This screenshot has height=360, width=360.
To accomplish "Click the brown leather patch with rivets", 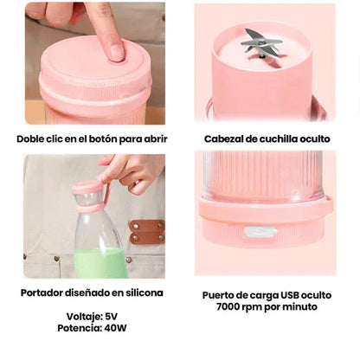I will pos(147,231).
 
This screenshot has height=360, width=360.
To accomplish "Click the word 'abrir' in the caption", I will pos(152,138).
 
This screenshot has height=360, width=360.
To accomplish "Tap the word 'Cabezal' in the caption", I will pos(228,138).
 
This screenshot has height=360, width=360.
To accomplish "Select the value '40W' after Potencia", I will pos(116,329).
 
